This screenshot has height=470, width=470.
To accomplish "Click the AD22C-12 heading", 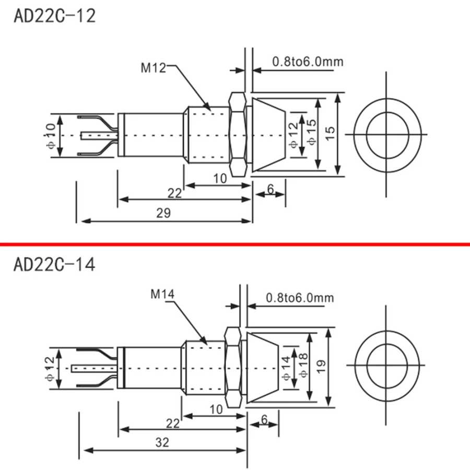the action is click(x=54, y=16).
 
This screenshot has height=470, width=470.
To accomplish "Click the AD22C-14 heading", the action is click(x=54, y=264).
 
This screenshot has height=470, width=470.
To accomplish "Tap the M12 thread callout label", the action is click(x=153, y=68).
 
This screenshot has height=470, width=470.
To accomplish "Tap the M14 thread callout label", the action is click(x=162, y=294).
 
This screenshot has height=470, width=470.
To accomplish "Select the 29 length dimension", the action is click(x=163, y=213).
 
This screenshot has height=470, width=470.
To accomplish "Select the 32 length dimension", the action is click(x=162, y=442).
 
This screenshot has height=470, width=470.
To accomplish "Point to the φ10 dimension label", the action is click(x=51, y=136).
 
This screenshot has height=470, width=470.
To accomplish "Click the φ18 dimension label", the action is click(x=303, y=365).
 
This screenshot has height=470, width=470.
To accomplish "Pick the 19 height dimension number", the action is click(x=321, y=366).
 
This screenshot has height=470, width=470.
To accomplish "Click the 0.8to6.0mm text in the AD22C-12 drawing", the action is click(x=308, y=62).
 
